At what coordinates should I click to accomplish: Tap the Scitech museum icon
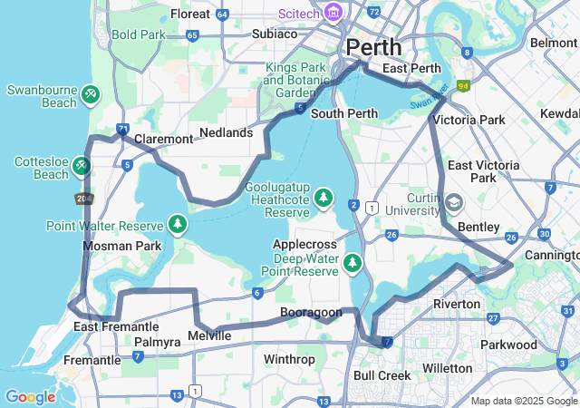tap(333, 12)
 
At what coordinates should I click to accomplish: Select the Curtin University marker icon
tap(453, 202)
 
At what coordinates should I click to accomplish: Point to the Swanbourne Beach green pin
tap(90, 93)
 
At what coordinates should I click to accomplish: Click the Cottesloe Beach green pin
tap(82, 166)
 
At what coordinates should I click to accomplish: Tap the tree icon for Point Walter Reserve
tap(178, 224)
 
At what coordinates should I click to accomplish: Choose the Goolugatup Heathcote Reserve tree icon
tap(324, 197)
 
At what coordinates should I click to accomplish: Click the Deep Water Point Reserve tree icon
tap(353, 264)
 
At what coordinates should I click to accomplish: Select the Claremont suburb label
tap(164, 140)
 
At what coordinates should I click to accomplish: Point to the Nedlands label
tap(226, 132)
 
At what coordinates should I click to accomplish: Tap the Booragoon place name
tap(311, 313)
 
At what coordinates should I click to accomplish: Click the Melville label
tap(209, 336)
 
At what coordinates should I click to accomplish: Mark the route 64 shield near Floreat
tap(223, 15)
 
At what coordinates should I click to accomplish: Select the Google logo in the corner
tap(30, 397)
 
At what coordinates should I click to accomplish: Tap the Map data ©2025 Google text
tap(524, 401)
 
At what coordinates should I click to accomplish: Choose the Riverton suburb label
tap(457, 304)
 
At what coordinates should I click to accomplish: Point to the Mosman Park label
tap(121, 246)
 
